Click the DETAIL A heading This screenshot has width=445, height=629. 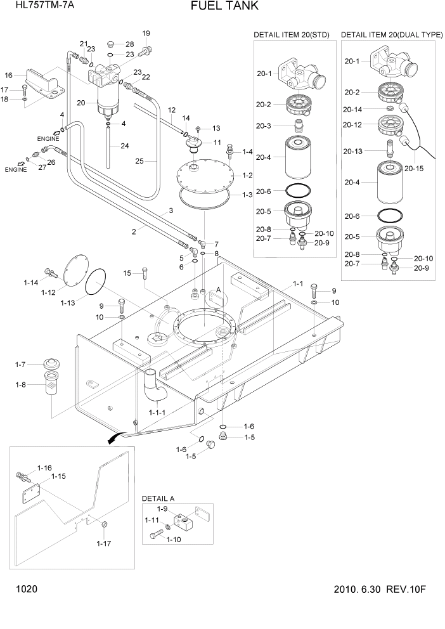point(158,499)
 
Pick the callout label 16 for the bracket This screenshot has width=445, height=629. point(9,75)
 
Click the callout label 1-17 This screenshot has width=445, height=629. point(103,543)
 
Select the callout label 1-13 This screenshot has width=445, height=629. point(68,302)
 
